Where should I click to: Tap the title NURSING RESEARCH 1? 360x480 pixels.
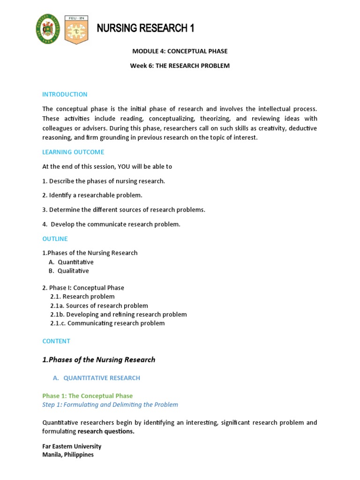tap(145, 29)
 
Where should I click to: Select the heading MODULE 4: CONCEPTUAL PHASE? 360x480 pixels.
tap(180, 51)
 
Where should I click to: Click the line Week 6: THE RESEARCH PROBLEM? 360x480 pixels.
tap(180, 66)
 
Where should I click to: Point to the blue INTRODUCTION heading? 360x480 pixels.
tap(65, 94)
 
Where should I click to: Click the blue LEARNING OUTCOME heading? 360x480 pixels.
tap(73, 152)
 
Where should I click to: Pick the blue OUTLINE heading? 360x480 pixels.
tap(55, 239)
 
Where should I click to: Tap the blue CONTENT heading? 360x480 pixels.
tap(56, 341)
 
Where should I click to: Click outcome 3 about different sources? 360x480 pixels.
tap(124, 210)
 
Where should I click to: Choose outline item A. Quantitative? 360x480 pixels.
tap(71, 262)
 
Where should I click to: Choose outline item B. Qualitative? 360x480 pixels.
tap(69, 271)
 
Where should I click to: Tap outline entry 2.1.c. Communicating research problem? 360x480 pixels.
tap(107, 323)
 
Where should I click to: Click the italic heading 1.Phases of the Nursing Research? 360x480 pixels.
tap(98, 360)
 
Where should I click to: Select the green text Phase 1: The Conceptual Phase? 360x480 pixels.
tap(87, 396)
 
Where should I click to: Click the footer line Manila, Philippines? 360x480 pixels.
tap(68, 455)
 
